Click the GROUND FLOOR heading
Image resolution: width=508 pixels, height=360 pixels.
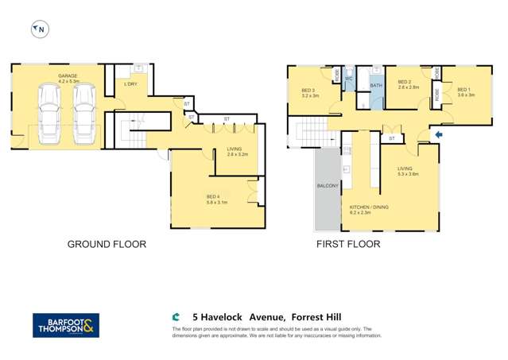[107, 244]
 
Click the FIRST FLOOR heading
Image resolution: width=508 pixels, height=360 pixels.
[347, 244]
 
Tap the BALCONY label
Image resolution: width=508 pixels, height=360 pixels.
[328, 186]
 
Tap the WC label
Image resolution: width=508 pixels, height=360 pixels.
[348, 78]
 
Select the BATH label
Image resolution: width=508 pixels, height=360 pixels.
[375, 84]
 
